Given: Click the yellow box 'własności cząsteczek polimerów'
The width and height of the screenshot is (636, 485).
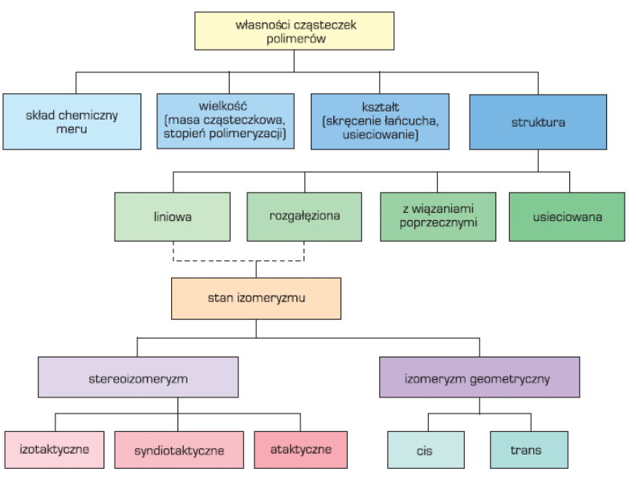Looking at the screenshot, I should click(295, 31).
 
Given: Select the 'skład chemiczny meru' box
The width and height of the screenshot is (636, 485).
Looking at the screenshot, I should click(71, 121).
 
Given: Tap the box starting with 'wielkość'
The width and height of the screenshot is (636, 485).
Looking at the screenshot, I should click(226, 121).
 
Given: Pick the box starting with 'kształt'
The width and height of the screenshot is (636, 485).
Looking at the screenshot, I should click(380, 121).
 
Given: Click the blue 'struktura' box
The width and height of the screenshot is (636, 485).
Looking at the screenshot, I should click(538, 122).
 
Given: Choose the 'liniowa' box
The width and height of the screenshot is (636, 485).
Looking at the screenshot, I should click(172, 217).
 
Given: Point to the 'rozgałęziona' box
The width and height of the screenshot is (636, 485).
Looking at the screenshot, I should click(304, 217).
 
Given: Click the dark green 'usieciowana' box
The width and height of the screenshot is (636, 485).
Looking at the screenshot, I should click(567, 217).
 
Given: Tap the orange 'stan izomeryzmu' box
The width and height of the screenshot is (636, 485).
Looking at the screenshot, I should click(255, 298).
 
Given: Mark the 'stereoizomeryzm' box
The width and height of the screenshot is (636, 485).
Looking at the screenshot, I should click(138, 377).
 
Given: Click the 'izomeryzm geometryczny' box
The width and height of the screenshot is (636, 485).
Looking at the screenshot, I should click(479, 377).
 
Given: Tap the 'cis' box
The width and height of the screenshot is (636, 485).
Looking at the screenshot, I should click(426, 450).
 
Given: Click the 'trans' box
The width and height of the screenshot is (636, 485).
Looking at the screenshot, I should click(528, 450).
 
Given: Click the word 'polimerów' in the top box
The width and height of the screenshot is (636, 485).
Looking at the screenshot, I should click(295, 39).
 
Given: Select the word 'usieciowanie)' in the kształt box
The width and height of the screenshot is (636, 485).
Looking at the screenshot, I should click(380, 136).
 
